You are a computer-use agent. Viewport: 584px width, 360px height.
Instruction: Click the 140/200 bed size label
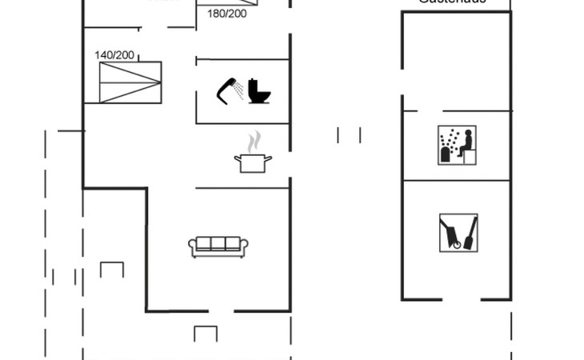coord(114,55)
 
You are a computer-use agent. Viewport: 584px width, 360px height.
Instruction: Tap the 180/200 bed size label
coord(226,14)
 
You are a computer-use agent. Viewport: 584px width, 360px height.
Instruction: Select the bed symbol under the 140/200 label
coord(129,82)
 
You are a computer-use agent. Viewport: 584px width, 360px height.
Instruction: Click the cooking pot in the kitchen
coord(253,163)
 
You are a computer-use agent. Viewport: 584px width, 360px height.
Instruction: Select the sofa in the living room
coord(219,246)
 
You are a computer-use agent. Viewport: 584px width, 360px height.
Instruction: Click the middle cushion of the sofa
coord(219,244)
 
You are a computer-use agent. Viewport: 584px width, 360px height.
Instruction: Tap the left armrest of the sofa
coord(192,247)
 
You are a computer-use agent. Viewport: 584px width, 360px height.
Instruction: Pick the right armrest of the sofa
coord(246,247)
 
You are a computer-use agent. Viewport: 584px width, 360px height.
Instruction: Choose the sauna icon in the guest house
coord(456,145)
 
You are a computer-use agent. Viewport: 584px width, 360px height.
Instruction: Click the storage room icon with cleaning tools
coord(458,233)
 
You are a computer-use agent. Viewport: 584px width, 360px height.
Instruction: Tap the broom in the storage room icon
coord(470,231)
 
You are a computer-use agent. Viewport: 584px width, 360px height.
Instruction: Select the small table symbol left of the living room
coord(112,269)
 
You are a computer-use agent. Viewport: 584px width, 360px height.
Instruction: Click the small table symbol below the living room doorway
coord(206,333)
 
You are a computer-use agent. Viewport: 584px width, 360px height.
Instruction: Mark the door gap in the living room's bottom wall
coord(220,310)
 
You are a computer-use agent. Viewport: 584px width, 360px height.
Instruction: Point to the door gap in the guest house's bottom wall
coord(467,300)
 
